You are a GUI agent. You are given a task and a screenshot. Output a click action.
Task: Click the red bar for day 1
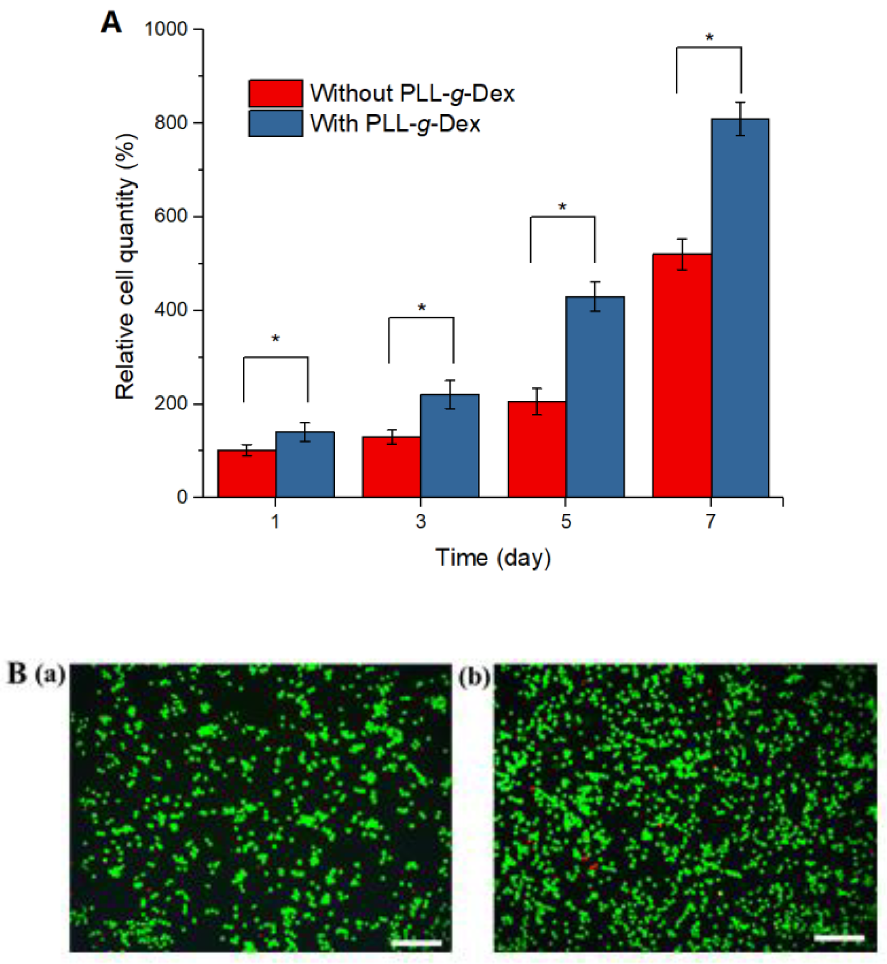pyautogui.click(x=247, y=473)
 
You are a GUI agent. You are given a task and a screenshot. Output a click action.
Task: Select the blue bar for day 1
pyautogui.click(x=305, y=464)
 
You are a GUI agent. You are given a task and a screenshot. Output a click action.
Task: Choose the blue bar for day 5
pyautogui.click(x=595, y=397)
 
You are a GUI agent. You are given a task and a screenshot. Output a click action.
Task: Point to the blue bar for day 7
pyautogui.click(x=740, y=308)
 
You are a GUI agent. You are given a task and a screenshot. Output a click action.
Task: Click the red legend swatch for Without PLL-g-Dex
pyautogui.click(x=275, y=93)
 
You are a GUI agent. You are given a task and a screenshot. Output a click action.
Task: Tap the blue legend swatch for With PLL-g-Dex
pyautogui.click(x=275, y=123)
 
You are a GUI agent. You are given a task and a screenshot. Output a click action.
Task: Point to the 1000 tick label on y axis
pyautogui.click(x=166, y=29)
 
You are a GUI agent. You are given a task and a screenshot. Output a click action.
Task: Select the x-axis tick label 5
pyautogui.click(x=566, y=521)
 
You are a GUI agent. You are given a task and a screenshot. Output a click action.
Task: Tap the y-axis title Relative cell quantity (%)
pyautogui.click(x=126, y=266)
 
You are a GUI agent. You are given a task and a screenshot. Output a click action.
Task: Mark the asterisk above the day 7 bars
pyautogui.click(x=709, y=38)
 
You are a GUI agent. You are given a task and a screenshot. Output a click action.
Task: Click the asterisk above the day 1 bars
pyautogui.click(x=275, y=339)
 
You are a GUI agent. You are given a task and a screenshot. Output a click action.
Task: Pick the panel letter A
pyautogui.click(x=111, y=23)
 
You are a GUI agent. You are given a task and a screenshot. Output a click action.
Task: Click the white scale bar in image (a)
pyautogui.click(x=416, y=943)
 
